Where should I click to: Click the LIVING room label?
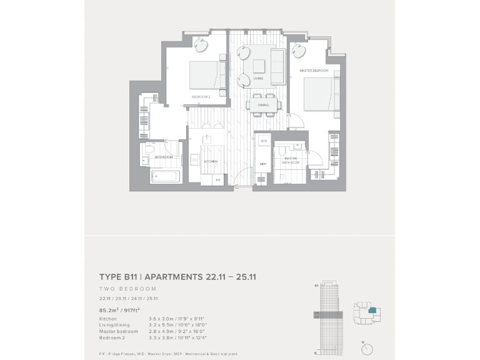click(258, 79)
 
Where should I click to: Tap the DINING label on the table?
click(263, 105)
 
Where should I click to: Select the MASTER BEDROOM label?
click(314, 71)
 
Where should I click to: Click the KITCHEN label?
click(211, 161)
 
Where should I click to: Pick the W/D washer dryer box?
click(264, 142)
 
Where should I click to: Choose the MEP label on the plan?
click(263, 164)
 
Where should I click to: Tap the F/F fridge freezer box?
click(218, 179)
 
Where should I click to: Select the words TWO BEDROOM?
click(128, 289)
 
